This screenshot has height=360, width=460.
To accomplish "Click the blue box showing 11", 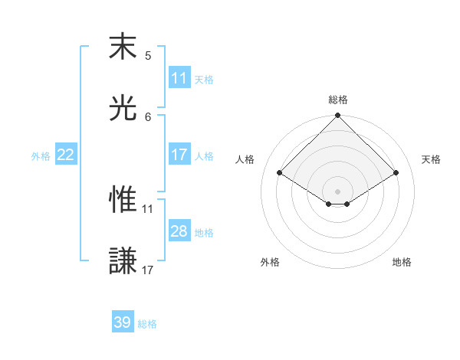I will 179,78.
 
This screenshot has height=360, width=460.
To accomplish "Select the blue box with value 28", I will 179,231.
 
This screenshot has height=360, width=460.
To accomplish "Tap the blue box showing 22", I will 66,155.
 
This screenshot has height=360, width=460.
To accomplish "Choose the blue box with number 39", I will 123,322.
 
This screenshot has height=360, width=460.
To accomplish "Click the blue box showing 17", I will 179,155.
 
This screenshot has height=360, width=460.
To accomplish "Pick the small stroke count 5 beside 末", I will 148,55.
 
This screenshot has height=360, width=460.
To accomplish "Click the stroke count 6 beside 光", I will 148,116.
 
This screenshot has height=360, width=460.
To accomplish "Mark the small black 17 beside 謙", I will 148,270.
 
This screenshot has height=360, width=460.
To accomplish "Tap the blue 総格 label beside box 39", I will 148,324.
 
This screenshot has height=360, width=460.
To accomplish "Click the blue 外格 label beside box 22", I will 41,156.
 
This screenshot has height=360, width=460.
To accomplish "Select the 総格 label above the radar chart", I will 338,100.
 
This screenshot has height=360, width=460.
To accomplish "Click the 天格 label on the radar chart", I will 432,159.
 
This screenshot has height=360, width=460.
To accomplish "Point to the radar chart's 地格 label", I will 402,262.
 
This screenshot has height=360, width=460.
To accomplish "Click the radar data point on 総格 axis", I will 338,116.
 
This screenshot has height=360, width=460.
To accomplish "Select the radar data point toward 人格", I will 280,173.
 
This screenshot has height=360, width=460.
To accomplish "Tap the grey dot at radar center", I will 338,191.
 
